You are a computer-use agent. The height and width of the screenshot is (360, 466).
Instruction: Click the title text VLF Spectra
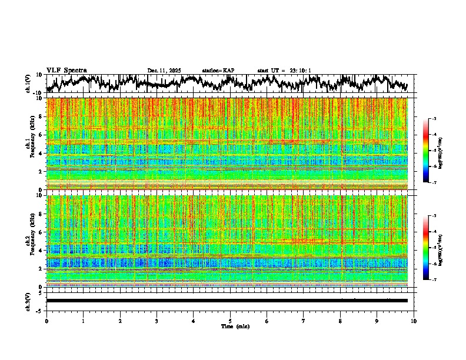[66, 70]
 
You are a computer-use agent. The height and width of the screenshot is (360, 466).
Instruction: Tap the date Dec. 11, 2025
[164, 71]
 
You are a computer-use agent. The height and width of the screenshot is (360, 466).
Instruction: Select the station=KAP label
[218, 71]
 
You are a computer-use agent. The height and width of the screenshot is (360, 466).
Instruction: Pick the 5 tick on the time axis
[230, 321]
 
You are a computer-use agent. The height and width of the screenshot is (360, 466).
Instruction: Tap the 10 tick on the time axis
[414, 321]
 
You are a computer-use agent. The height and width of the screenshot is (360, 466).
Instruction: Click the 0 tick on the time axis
[46, 321]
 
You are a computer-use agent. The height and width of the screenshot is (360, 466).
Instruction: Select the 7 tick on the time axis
[304, 321]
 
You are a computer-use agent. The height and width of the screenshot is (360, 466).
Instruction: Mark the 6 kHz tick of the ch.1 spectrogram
[41, 135]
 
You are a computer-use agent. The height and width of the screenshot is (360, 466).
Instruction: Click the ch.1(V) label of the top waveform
[28, 84]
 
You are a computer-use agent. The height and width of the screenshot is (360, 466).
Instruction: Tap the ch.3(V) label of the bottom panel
[28, 300]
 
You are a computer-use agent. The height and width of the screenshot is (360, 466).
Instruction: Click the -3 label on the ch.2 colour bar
[434, 216]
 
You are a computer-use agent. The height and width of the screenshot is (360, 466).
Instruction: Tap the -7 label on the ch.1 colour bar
[434, 182]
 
